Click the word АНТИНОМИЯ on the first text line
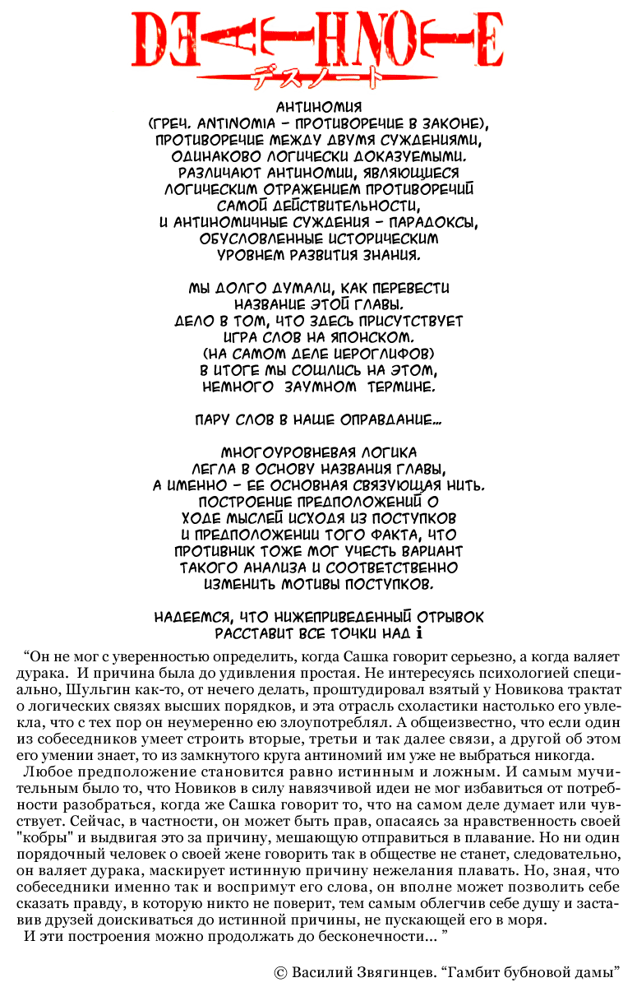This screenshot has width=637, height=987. pyautogui.click(x=318, y=107)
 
